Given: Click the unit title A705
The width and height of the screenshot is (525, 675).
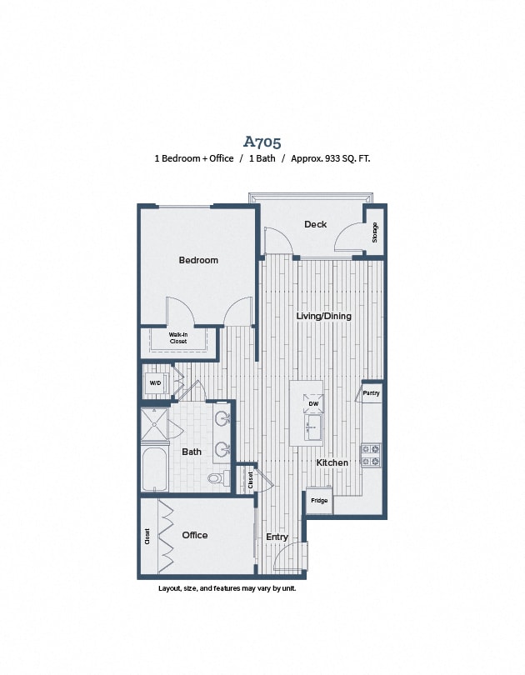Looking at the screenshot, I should tap(262, 141).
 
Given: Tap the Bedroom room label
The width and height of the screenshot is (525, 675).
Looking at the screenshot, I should tap(198, 260).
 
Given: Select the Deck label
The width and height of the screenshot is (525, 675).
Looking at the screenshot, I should tap(315, 224).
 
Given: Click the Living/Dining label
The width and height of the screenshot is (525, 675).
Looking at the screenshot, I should tap(324, 316).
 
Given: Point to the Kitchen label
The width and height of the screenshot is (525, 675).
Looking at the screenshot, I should tap(332, 462).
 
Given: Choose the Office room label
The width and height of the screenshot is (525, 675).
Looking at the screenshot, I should tap(195, 535).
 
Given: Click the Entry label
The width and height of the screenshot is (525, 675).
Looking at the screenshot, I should tap(277, 537).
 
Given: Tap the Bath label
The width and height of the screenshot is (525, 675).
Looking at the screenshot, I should tap(192, 452).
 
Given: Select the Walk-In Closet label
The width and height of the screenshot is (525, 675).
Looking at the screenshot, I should tap(177, 338).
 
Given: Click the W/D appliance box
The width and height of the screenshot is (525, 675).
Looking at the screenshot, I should tap(155, 383).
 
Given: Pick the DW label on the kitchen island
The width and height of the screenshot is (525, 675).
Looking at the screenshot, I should tap(313, 403).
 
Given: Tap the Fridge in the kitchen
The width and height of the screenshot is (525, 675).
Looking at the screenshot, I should tap(319, 501).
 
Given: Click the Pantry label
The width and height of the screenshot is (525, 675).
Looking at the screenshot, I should tap(372, 392).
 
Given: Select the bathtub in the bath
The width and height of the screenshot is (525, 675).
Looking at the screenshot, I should tap(155, 470).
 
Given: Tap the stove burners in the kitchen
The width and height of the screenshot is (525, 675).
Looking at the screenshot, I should tap(371, 454).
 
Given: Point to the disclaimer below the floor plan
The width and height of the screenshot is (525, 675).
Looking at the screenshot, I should tap(227, 588).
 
